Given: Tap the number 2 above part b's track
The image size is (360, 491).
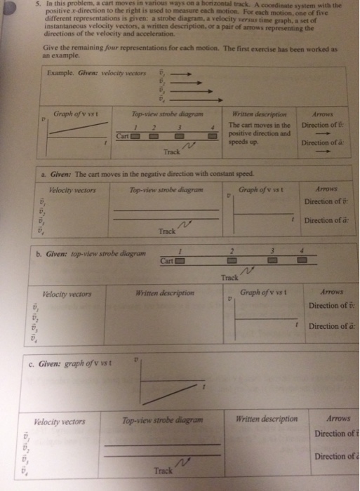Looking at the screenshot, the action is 232,250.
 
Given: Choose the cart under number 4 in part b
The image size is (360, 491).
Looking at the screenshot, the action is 302,261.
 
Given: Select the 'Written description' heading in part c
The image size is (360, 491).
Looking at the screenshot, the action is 267,419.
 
